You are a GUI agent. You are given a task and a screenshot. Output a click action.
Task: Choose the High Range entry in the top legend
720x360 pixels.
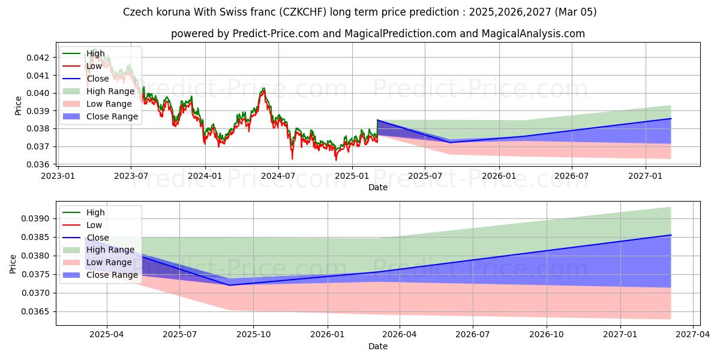tap(110, 91)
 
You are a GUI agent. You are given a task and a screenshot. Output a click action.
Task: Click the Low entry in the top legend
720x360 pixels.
tap(94, 66)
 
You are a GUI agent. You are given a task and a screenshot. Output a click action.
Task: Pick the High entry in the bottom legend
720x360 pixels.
tap(95, 212)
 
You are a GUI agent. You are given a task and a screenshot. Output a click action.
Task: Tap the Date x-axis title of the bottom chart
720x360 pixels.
tap(378, 346)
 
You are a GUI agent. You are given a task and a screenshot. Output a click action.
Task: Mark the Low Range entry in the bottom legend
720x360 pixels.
tap(109, 263)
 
